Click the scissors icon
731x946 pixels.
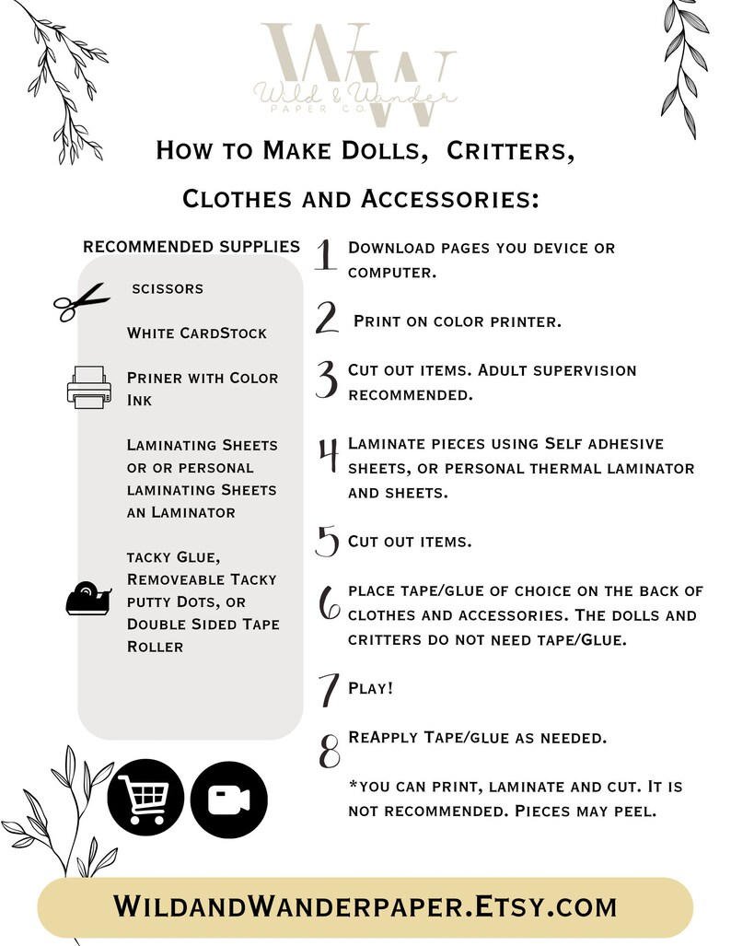pyautogui.click(x=81, y=300)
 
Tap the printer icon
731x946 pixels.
pyautogui.click(x=88, y=387)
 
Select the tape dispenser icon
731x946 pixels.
pyautogui.click(x=89, y=599)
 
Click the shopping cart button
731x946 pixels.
pyautogui.click(x=145, y=798)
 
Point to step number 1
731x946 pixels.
pyautogui.click(x=324, y=256)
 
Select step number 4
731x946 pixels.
pyautogui.click(x=327, y=455)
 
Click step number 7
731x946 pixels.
pyautogui.click(x=327, y=691)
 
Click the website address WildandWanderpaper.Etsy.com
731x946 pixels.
pyautogui.click(x=365, y=906)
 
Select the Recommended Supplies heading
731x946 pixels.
pyautogui.click(x=191, y=246)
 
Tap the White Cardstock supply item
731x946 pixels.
pyautogui.click(x=197, y=333)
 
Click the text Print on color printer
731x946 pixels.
pyautogui.click(x=458, y=321)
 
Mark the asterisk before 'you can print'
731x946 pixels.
pyautogui.click(x=353, y=786)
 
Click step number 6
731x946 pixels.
pyautogui.click(x=329, y=603)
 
